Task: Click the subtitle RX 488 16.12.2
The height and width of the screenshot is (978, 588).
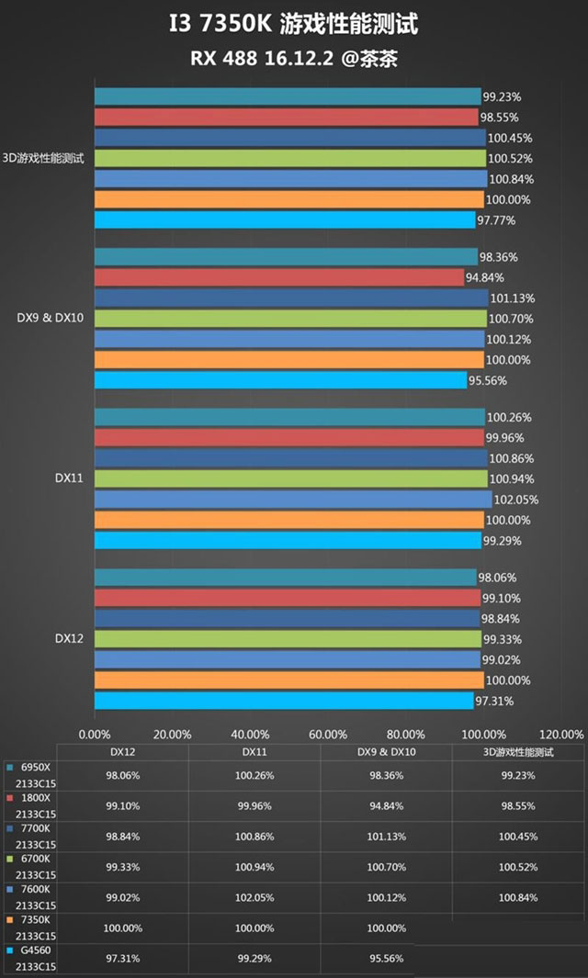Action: [259, 58]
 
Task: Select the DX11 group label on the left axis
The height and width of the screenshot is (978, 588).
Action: [69, 478]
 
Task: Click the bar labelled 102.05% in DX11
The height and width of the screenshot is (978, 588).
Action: [293, 500]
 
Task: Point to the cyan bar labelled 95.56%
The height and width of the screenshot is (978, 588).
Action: [280, 380]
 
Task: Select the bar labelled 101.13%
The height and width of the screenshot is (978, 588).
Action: [291, 298]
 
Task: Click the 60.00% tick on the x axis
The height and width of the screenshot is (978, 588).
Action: [328, 734]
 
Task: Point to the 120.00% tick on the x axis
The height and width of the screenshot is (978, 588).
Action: [560, 734]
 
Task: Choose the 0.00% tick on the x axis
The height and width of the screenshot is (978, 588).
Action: [95, 734]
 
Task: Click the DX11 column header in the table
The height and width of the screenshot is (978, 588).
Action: [254, 752]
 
